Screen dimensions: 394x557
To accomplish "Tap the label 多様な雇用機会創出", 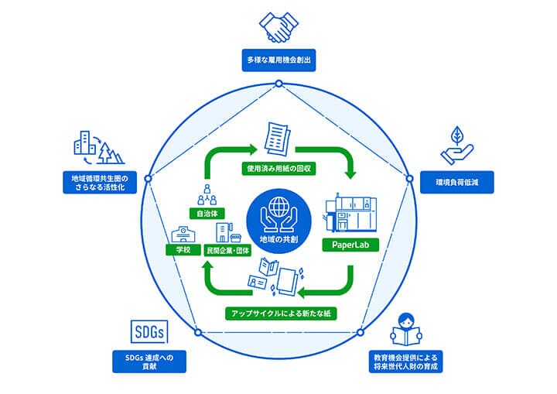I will (278, 59).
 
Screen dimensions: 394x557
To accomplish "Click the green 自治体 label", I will (207, 211).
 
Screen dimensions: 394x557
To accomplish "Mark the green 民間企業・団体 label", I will (229, 251).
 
